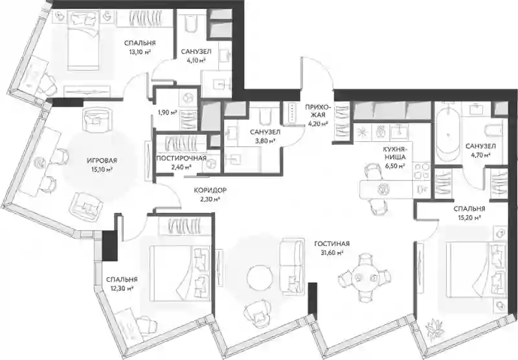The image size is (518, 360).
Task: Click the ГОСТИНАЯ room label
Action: [x=332, y=243]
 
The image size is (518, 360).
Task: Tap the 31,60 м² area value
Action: [x=332, y=253]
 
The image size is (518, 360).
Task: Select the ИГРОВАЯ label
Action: [x=102, y=161]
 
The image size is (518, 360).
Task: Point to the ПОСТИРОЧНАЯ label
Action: [x=181, y=158]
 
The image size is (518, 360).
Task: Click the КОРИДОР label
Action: [x=210, y=190]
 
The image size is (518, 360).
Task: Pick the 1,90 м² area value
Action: [x=168, y=112]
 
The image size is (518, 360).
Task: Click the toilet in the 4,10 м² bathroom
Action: [x=190, y=24]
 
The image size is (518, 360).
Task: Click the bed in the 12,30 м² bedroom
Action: [x=180, y=273]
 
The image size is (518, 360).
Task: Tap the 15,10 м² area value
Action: [x=102, y=170]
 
